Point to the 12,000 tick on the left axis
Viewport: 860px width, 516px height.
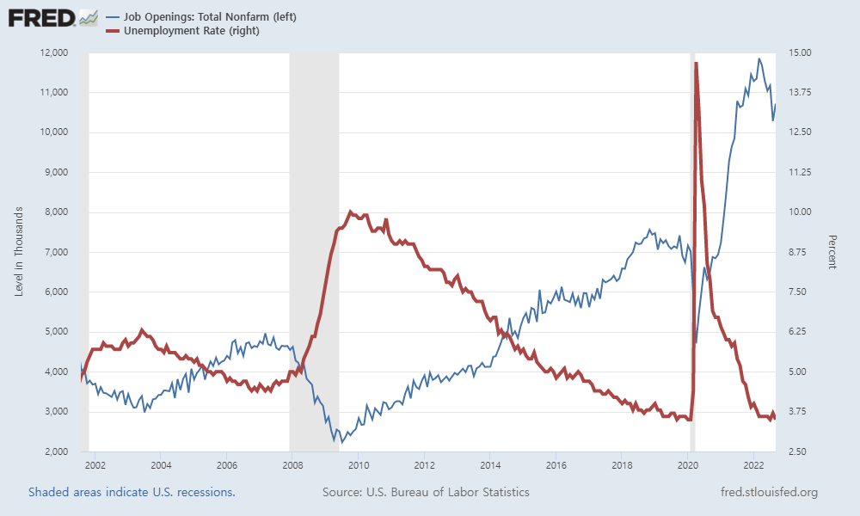point(53,52)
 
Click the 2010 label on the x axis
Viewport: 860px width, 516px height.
point(357,464)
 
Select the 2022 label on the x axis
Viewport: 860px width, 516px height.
point(753,464)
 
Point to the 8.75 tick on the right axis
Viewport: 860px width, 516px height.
point(800,252)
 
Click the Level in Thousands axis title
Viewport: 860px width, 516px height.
point(19,252)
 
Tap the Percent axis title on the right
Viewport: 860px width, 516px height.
point(832,252)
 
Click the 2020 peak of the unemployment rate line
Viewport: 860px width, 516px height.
point(695,63)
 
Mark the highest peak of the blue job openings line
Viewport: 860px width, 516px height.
point(759,58)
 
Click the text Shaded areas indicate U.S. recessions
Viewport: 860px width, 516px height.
point(132,492)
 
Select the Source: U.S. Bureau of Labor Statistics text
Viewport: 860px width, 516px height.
point(426,492)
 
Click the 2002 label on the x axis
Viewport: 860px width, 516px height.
point(95,464)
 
